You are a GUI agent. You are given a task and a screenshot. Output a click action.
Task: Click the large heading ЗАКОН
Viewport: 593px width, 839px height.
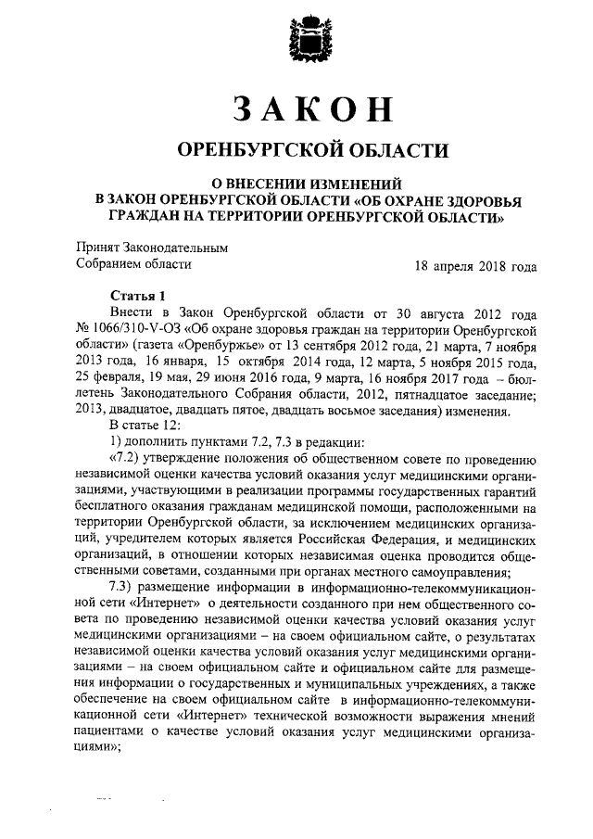298,108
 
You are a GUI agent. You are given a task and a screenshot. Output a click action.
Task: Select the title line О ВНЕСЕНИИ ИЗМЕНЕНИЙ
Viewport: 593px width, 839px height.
299,182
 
